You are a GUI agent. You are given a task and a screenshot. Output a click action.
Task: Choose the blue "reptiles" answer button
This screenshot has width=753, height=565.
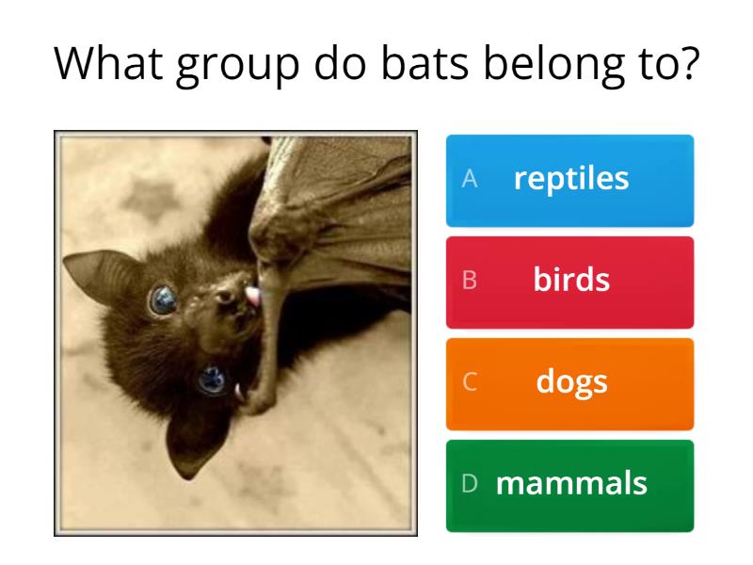click(x=569, y=180)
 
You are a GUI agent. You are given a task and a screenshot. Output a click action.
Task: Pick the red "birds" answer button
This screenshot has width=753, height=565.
click(x=569, y=281)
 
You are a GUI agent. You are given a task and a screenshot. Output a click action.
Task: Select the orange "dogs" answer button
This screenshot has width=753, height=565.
click(x=569, y=382)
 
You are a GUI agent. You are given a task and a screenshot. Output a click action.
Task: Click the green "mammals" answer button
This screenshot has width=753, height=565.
click(x=569, y=484)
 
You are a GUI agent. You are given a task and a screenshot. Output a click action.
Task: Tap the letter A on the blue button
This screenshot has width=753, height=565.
click(x=470, y=180)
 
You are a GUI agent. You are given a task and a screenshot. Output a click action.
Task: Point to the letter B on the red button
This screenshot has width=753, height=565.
click(x=470, y=281)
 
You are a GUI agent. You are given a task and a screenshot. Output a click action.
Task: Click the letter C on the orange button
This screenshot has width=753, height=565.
click(x=470, y=382)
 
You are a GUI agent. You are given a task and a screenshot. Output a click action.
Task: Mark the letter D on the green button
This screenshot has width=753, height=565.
click(x=470, y=484)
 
